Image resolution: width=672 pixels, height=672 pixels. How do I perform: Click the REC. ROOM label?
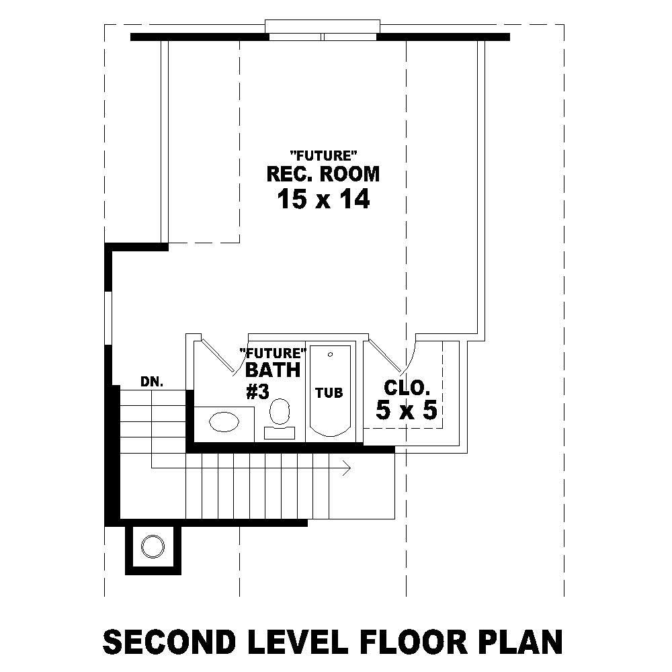323,174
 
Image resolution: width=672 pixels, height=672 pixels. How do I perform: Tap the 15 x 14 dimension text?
323,200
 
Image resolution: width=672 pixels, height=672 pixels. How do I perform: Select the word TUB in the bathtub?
329,392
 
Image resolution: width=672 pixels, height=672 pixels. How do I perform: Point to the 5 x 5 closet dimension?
407,410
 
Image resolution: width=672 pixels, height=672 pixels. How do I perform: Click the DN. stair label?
153,382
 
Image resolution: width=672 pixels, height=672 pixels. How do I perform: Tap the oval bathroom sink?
224,422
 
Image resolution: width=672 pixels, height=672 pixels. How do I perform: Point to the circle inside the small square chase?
153,546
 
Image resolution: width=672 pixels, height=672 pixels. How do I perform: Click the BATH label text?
272,370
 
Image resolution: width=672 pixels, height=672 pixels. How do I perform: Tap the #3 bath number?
258,392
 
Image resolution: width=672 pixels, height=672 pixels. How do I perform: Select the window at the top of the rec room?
323,31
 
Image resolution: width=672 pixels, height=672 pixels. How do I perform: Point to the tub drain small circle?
329,353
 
